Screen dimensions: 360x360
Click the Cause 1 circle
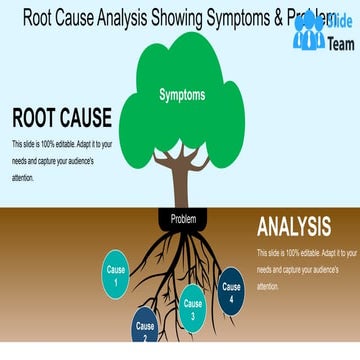(117, 275)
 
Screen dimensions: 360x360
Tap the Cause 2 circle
(146, 327)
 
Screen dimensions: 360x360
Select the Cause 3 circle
(193, 307)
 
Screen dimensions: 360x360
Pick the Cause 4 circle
(232, 292)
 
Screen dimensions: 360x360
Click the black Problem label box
(183, 218)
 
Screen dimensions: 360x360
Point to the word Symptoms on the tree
(182, 95)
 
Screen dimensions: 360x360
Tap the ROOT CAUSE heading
(61, 118)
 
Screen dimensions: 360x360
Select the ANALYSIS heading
(294, 226)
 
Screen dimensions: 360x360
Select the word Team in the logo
(340, 44)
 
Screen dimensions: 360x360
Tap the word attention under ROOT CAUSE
(23, 178)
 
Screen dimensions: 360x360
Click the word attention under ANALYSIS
(268, 286)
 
